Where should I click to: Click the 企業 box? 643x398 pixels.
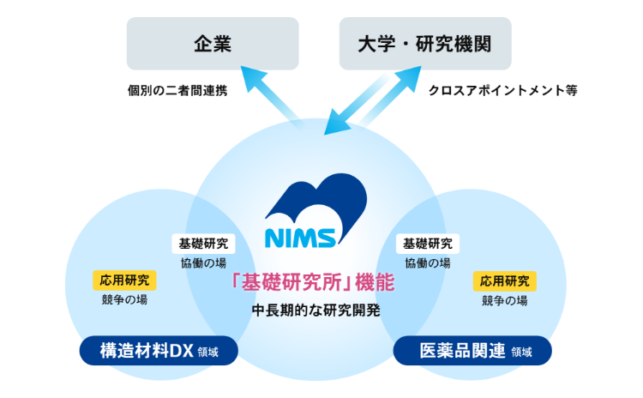point(213,44)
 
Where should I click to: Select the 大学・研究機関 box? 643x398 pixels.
point(425,44)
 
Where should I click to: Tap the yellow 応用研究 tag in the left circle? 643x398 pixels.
point(122,280)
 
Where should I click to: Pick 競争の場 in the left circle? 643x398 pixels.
point(123,300)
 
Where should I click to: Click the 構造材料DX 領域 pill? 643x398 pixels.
point(159,350)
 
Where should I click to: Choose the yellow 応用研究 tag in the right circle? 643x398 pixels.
point(505,280)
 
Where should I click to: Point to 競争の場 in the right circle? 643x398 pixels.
point(504,300)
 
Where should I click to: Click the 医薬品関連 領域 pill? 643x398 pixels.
point(472,350)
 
